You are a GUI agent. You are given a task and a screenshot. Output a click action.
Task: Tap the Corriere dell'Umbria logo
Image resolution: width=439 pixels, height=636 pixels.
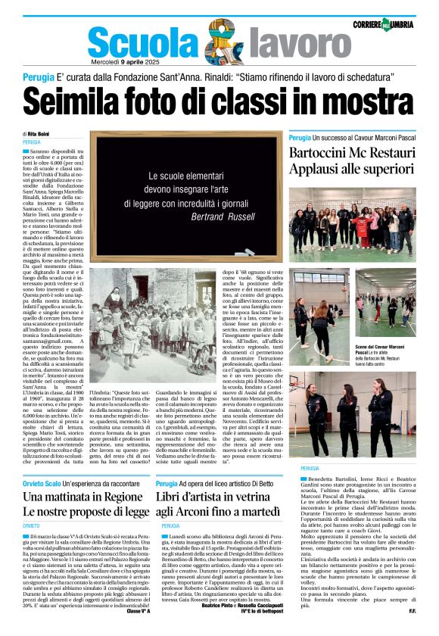(383, 25)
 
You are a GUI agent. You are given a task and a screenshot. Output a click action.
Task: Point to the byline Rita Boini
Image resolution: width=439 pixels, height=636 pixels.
(35, 134)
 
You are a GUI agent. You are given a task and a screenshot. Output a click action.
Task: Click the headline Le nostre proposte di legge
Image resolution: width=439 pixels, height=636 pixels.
(85, 513)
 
